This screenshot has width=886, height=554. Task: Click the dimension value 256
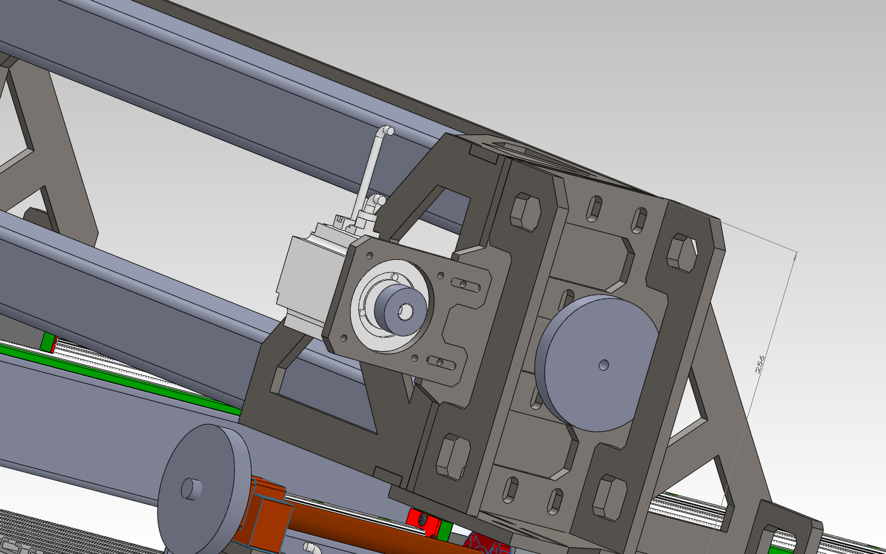coord(760,364)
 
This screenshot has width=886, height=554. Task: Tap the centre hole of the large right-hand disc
coord(604,364)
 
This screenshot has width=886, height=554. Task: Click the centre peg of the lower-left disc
coord(191,489)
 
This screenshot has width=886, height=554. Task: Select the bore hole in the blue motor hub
coord(406,311)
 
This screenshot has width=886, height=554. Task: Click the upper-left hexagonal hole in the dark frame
coord(525,212)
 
